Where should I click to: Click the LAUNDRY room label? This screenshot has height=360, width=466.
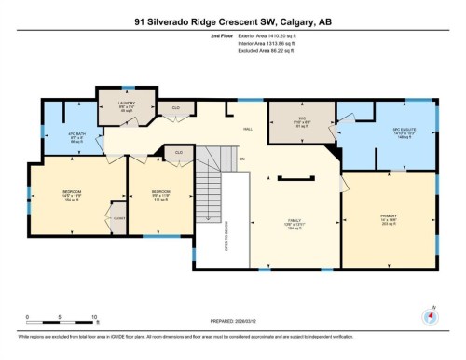pyautogui.click(x=127, y=103)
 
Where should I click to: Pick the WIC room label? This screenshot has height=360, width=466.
pyautogui.click(x=287, y=118)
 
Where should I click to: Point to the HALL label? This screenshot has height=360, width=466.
pyautogui.click(x=247, y=130)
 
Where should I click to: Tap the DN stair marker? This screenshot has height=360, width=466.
pyautogui.click(x=240, y=158)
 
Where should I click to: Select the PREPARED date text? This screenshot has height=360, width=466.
pyautogui.click(x=232, y=322)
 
